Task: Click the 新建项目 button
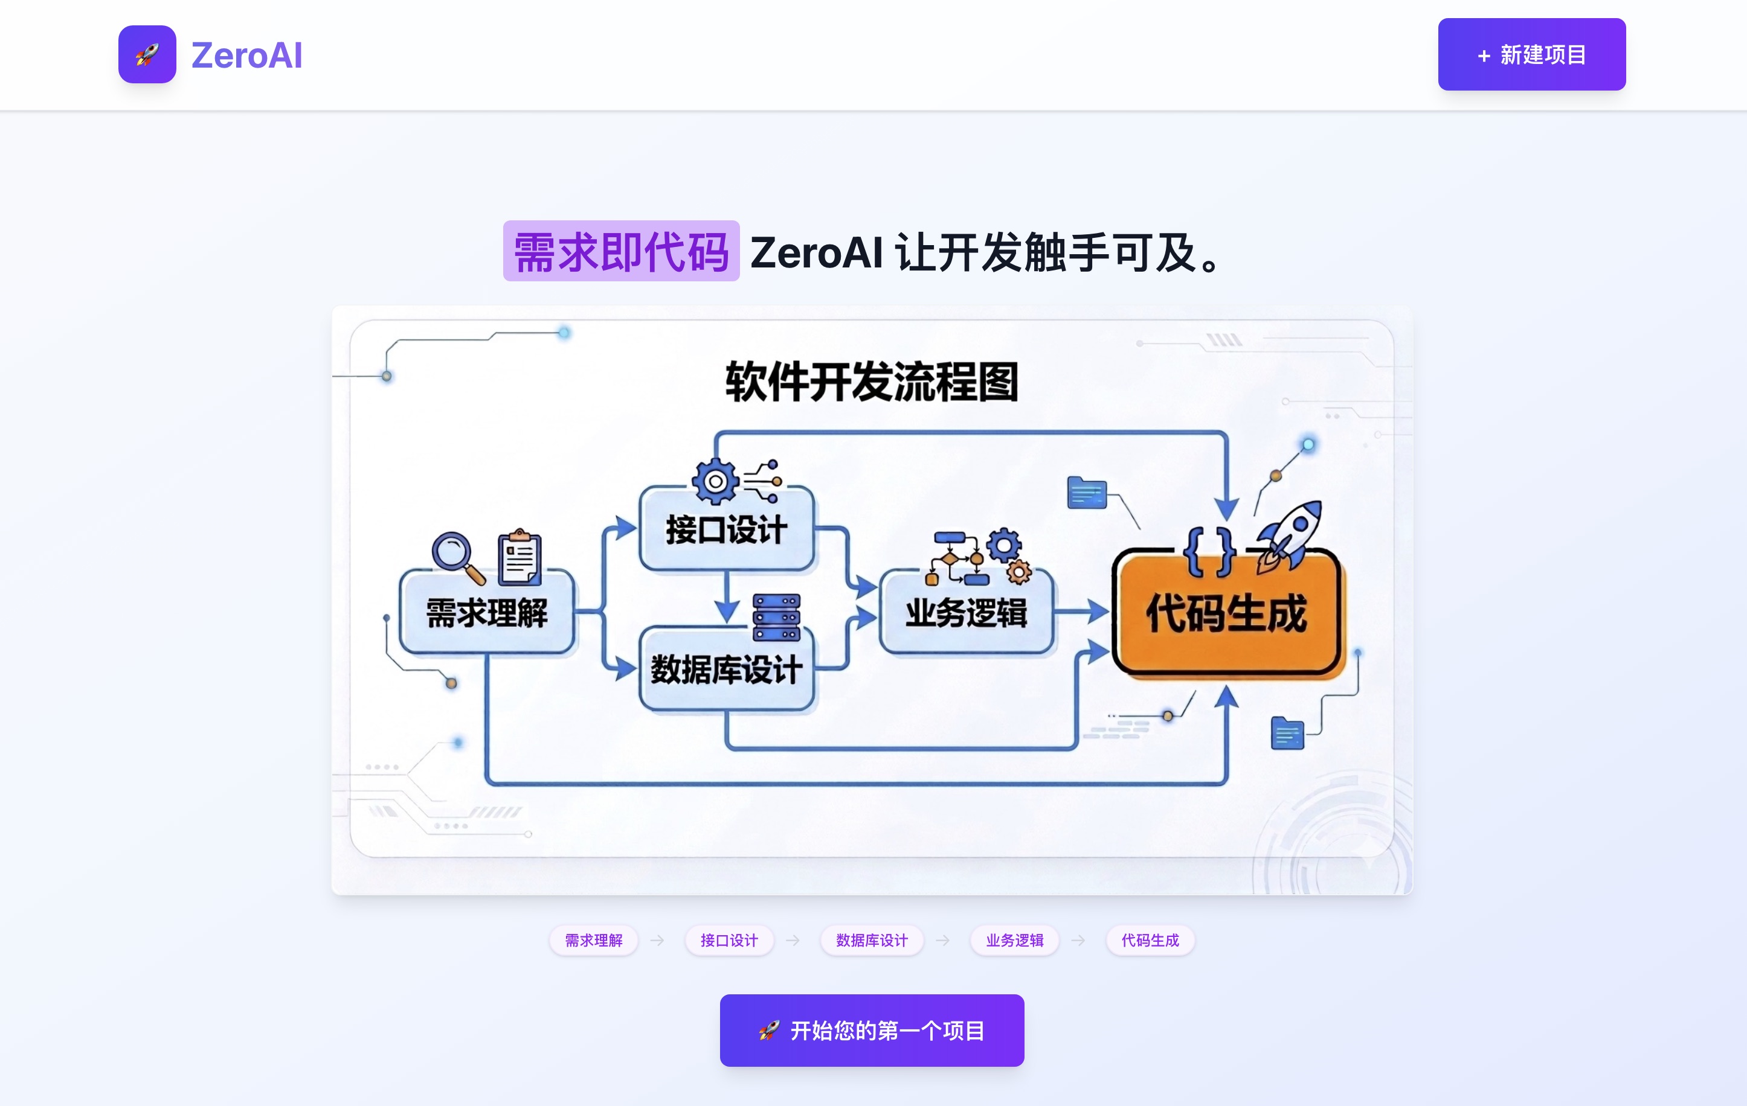click(1531, 54)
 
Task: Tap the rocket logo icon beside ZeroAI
click(147, 54)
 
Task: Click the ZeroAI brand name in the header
click(246, 56)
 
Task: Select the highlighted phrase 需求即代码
click(621, 252)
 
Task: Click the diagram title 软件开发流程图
click(872, 382)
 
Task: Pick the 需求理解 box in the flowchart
click(487, 613)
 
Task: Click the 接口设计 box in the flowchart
click(726, 529)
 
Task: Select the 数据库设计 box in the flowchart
click(726, 669)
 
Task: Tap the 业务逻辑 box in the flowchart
click(966, 613)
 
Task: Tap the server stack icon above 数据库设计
click(776, 617)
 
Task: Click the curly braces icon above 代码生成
click(1209, 552)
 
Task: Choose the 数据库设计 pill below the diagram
click(871, 941)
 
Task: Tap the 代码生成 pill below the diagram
click(1150, 941)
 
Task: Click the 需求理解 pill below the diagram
click(593, 941)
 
